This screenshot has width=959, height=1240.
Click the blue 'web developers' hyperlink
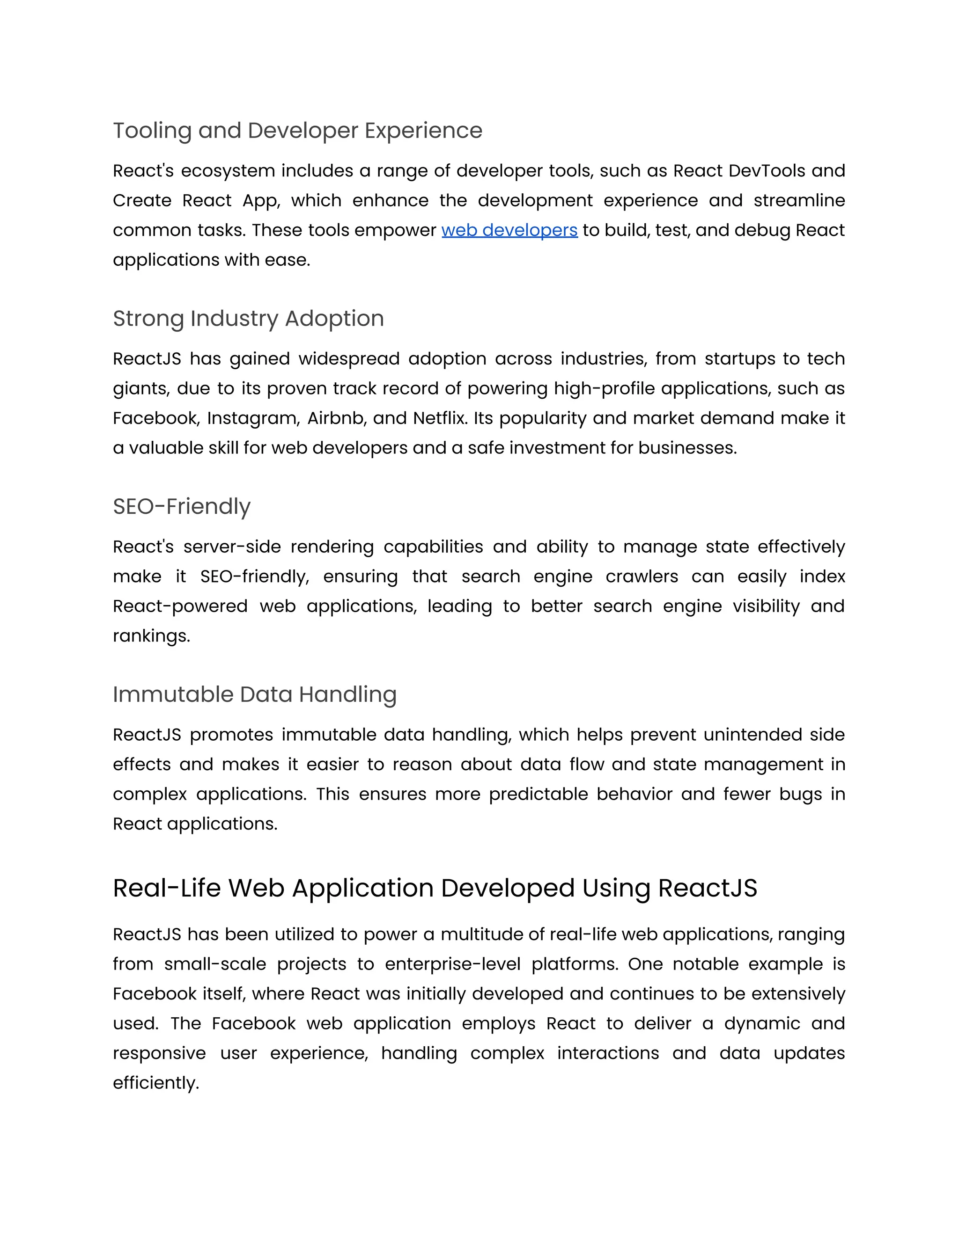509,230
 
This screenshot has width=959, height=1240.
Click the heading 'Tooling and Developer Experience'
297,131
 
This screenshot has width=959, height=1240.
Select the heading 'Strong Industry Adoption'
248,319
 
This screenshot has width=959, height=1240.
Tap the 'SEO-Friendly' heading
181,506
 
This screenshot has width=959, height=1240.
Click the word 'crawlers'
642,577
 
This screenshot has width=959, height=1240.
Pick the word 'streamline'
799,200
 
